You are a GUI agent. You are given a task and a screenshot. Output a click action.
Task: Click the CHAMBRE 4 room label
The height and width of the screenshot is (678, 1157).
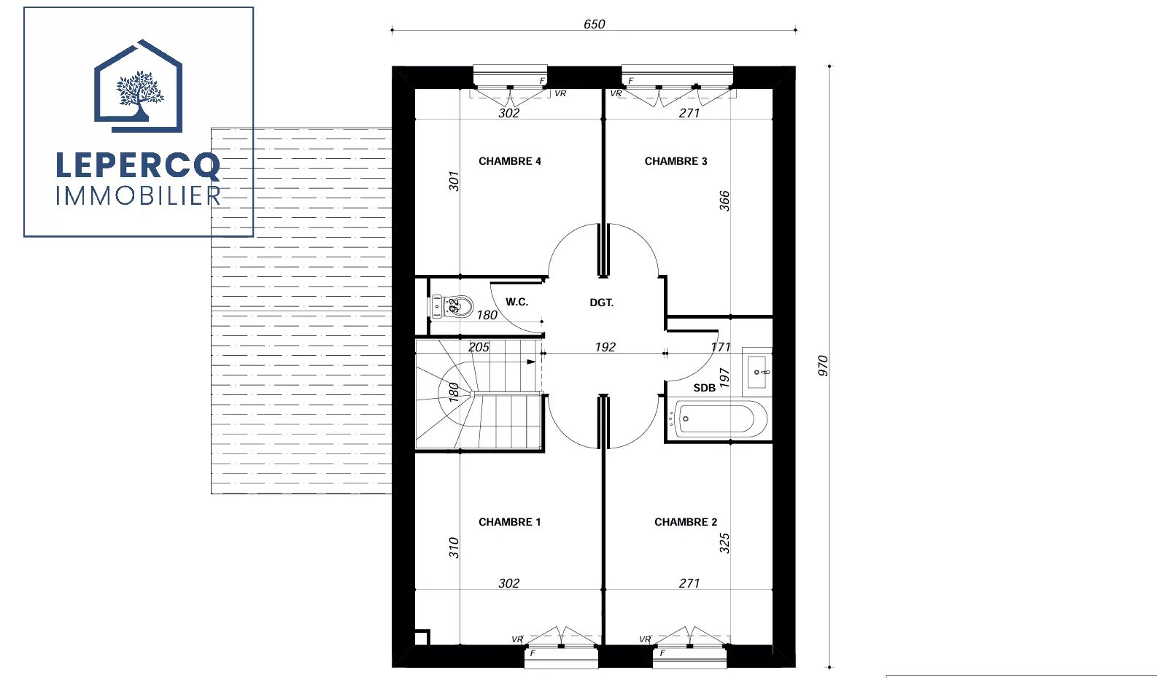click(509, 161)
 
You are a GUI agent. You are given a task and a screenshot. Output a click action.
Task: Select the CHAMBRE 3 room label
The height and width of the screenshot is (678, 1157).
click(676, 161)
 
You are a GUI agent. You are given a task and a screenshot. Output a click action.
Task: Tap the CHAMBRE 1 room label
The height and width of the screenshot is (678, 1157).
click(509, 522)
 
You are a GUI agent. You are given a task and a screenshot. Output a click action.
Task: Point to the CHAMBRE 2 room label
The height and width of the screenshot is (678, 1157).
click(686, 522)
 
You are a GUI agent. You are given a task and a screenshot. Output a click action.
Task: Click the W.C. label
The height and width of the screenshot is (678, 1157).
click(516, 302)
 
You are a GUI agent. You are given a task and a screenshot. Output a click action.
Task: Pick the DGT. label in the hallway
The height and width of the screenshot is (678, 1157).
click(602, 303)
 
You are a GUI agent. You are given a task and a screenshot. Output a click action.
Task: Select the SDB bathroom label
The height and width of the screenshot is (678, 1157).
click(704, 388)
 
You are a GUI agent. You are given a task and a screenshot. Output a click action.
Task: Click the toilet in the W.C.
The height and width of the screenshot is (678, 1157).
click(452, 307)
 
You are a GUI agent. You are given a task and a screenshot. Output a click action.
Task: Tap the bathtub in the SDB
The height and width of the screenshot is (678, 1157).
click(718, 418)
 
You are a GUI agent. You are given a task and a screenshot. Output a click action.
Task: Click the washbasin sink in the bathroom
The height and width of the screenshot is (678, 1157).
click(757, 372)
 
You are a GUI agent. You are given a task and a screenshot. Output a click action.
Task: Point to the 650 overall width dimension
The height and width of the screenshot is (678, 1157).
click(594, 24)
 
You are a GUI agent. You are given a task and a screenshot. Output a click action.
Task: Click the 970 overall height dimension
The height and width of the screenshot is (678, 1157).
click(823, 365)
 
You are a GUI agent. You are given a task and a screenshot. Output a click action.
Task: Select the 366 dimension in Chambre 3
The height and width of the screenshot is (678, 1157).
click(724, 201)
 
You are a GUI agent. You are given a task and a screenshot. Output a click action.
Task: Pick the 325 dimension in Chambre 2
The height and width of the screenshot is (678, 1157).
click(724, 543)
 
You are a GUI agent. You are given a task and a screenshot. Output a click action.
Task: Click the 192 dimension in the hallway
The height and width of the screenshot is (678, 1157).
click(605, 347)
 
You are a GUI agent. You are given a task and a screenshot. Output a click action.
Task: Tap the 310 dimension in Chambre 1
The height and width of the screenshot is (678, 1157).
click(454, 548)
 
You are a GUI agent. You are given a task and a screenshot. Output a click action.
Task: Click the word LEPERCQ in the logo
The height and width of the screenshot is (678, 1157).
click(138, 165)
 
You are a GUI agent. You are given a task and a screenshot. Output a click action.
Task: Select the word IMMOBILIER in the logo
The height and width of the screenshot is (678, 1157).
click(138, 196)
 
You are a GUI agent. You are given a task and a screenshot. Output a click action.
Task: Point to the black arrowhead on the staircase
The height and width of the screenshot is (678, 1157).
click(531, 362)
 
